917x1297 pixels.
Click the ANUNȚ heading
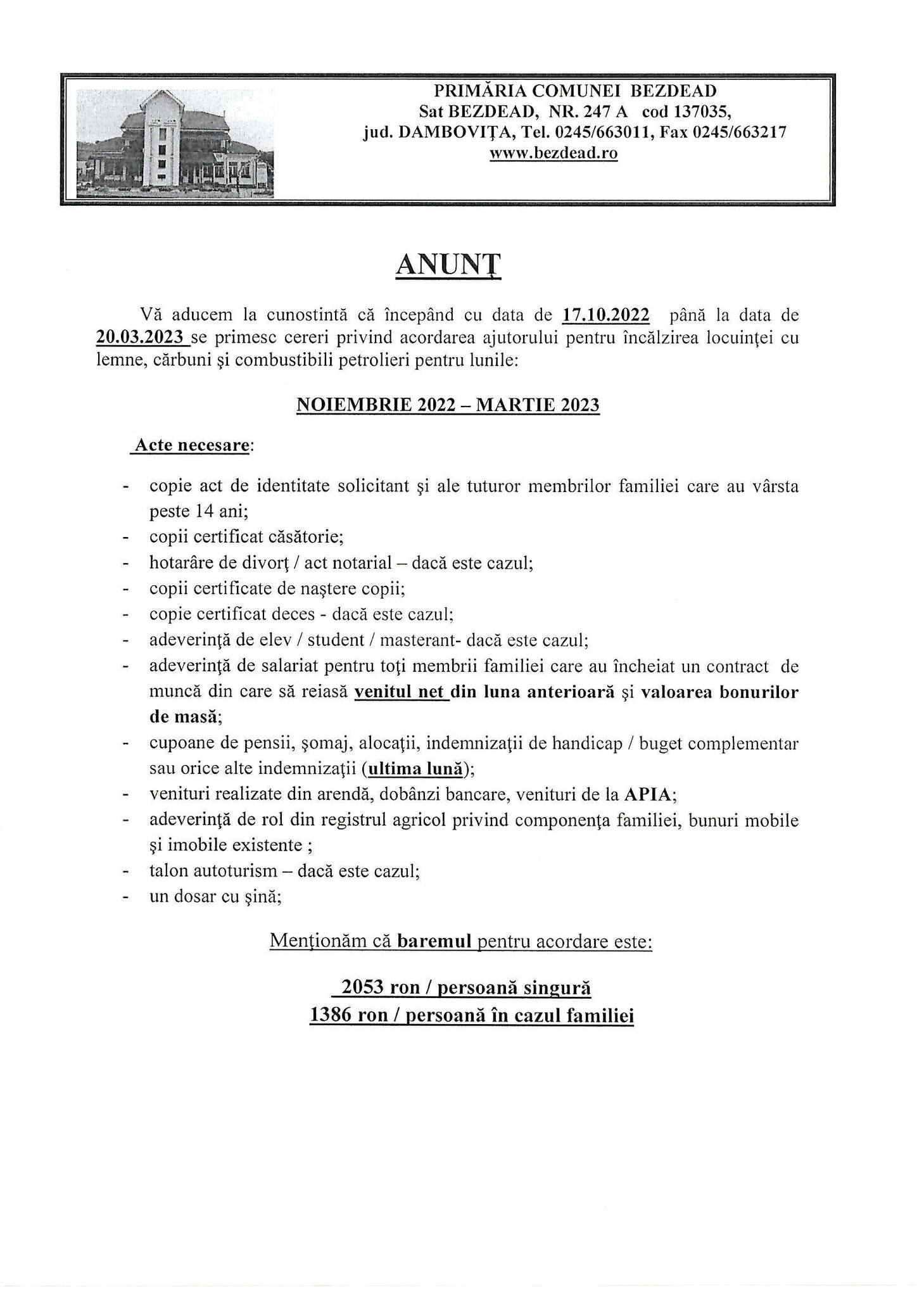coord(448,266)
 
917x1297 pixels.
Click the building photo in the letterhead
coord(175,143)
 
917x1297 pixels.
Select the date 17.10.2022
coord(605,315)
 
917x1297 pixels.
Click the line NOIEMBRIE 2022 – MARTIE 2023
coord(448,405)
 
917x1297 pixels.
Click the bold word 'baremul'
coord(434,941)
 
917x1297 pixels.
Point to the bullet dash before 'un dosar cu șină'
coord(127,897)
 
